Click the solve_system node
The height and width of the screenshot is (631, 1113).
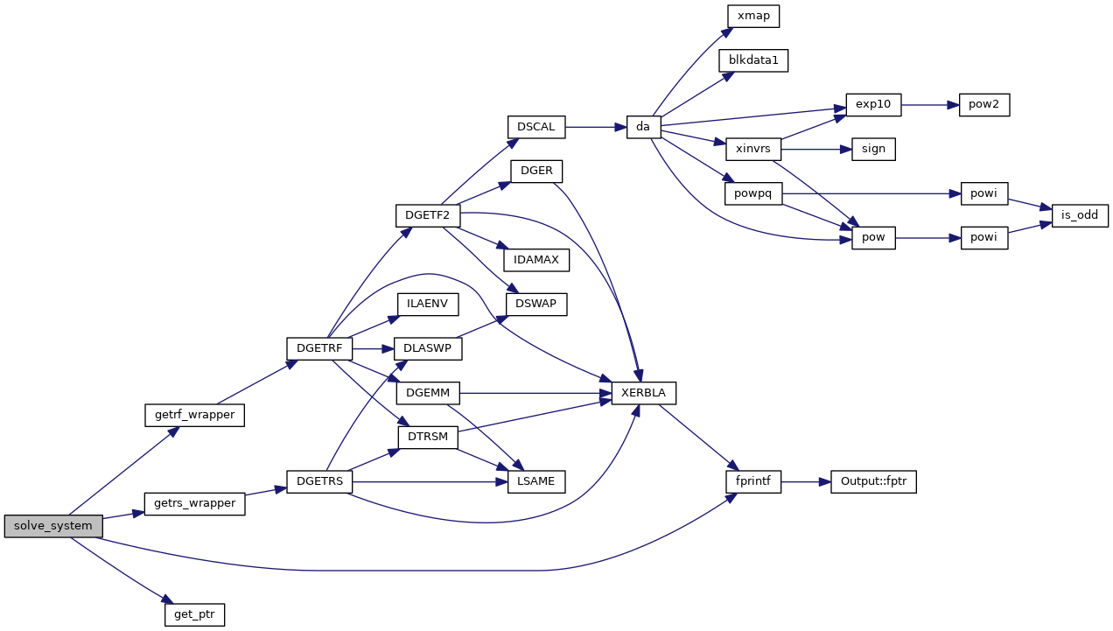(53, 526)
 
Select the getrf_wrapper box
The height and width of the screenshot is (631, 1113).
(193, 415)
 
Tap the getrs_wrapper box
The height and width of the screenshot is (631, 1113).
(193, 503)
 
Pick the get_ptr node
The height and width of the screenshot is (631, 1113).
(194, 614)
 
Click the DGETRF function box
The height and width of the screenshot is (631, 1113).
(319, 348)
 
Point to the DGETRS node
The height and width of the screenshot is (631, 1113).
(319, 480)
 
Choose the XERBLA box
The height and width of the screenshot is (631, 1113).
(643, 393)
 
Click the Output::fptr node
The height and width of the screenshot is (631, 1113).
(873, 481)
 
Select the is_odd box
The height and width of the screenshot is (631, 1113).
(1081, 215)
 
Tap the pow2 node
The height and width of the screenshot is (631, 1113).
(984, 104)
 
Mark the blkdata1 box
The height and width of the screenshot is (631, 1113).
(753, 60)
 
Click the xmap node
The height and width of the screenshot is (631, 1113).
(753, 16)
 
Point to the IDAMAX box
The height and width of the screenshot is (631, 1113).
(536, 260)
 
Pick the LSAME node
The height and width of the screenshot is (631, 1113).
(536, 481)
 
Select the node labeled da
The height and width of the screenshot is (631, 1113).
(643, 127)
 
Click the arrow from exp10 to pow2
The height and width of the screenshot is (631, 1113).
(930, 104)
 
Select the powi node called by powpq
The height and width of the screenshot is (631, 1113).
(984, 193)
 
